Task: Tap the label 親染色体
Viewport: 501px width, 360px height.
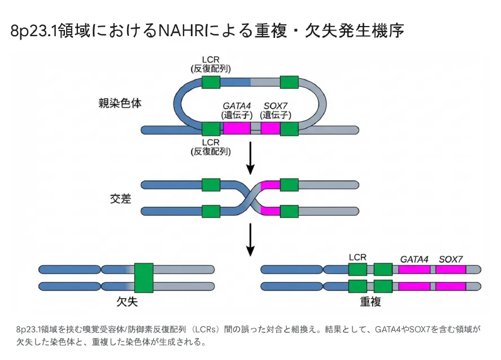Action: pos(120,103)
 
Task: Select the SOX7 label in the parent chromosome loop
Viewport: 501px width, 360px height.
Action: pos(275,106)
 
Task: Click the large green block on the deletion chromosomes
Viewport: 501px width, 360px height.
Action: pos(143,277)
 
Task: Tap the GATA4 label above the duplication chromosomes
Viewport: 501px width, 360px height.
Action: pos(414,259)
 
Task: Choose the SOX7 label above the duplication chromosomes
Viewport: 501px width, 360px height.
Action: pos(450,259)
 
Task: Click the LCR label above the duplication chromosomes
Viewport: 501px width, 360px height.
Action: pos(358,258)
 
